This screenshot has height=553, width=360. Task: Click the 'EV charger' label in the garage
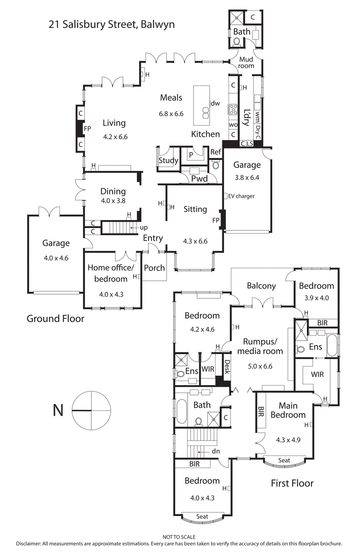point(242,196)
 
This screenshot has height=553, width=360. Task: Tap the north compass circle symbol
point(91,410)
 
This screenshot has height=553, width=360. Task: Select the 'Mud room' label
point(246,63)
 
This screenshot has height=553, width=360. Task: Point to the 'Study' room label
point(169,161)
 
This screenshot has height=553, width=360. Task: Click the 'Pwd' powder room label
point(199,179)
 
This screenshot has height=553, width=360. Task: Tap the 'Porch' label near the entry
point(154,268)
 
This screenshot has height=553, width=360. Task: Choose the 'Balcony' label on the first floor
point(261,286)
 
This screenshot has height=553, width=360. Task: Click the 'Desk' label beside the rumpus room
point(227,367)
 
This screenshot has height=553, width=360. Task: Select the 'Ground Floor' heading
point(55,319)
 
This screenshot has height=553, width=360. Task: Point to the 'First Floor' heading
point(292,483)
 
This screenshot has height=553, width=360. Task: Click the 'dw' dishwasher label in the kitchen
point(216,103)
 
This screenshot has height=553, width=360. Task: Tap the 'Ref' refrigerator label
point(216,152)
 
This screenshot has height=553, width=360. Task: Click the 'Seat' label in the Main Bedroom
point(284,461)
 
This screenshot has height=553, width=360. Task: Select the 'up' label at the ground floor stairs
point(144,228)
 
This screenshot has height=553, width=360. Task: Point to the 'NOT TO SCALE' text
point(180,537)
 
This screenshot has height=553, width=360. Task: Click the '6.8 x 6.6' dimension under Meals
point(171,114)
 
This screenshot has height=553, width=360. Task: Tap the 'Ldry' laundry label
point(246,117)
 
